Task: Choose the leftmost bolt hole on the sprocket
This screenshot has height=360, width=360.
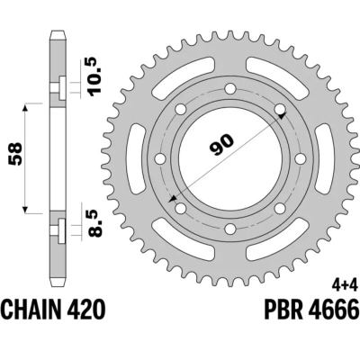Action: tap(159, 159)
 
